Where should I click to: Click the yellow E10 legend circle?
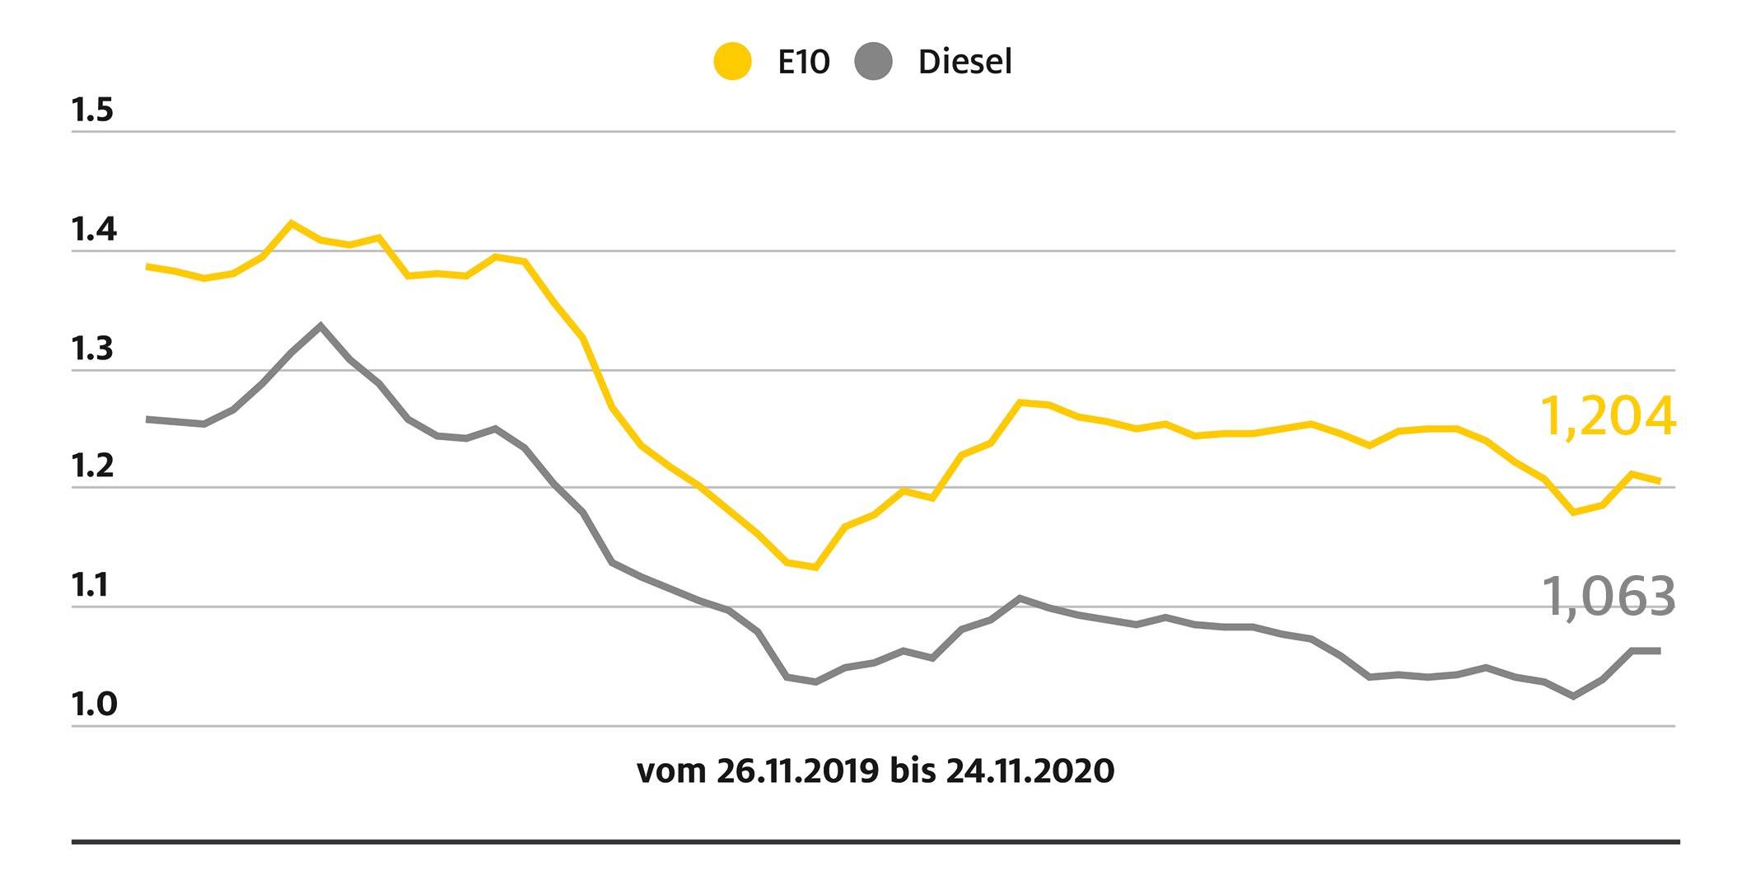(732, 62)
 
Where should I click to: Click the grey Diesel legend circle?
(874, 62)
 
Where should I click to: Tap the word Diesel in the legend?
(964, 62)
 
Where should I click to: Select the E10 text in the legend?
(803, 62)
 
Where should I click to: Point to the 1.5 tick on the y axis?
(92, 110)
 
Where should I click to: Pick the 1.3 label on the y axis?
(92, 349)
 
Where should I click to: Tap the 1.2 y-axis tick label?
(92, 466)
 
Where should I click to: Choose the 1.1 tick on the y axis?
(91, 586)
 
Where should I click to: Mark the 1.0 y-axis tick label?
(94, 705)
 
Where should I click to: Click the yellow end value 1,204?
(1607, 417)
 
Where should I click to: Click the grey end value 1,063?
(1607, 597)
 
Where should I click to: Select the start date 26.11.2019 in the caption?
(796, 771)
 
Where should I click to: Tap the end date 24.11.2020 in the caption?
(1030, 771)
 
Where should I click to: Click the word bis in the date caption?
(913, 771)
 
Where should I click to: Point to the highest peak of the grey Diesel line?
(320, 326)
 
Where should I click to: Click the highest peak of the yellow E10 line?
(291, 223)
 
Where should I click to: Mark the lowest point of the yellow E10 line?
(815, 567)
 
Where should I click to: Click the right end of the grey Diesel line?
(1658, 651)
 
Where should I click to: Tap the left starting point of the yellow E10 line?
(148, 267)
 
